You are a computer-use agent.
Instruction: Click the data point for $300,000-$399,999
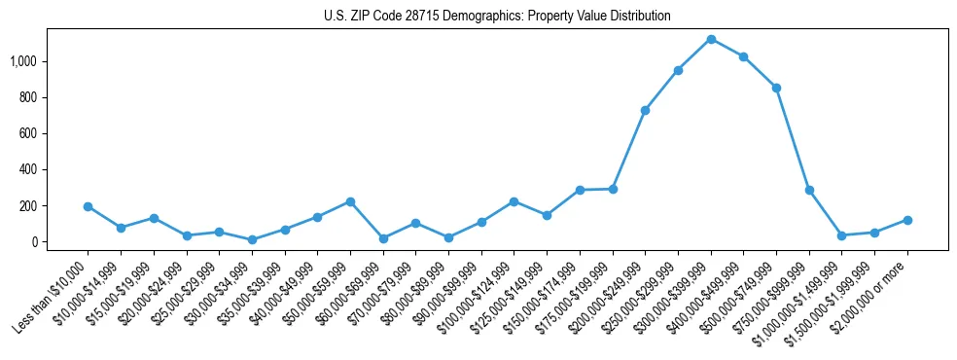(711, 39)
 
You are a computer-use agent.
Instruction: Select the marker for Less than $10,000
(88, 206)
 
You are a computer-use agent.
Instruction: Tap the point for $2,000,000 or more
(907, 220)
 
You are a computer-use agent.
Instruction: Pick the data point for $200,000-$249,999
(646, 110)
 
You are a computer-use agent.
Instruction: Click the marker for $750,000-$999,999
(809, 190)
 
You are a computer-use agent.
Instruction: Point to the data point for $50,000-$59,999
(350, 201)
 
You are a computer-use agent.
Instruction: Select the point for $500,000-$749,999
(776, 88)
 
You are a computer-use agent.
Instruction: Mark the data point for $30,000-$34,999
(252, 239)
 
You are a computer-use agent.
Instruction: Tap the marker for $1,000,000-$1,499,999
(842, 235)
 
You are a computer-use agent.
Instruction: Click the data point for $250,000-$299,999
(678, 70)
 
